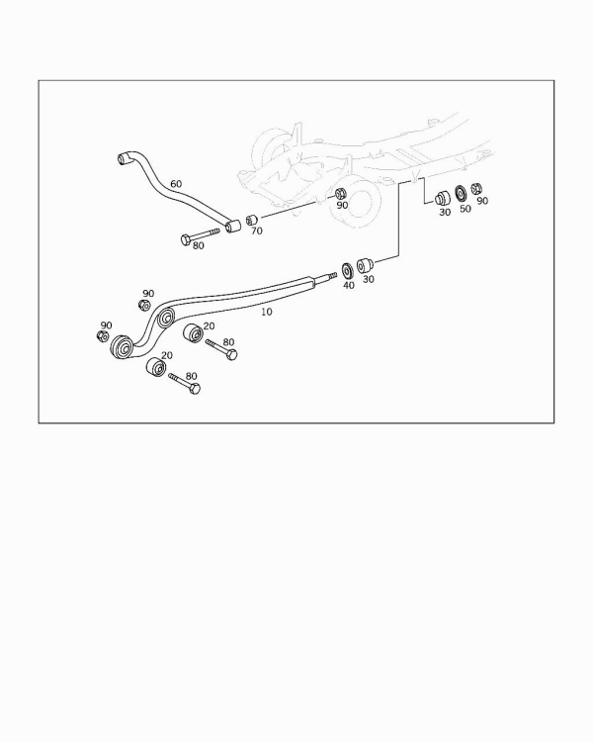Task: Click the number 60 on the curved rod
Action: click(176, 184)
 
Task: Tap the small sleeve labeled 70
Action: click(251, 220)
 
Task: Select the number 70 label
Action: click(257, 231)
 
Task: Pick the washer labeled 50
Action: click(461, 193)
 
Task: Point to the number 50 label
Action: click(466, 209)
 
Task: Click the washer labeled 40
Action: click(347, 271)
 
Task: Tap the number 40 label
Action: click(349, 285)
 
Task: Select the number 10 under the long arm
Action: click(267, 312)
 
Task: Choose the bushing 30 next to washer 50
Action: click(443, 198)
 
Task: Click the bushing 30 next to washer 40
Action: click(365, 265)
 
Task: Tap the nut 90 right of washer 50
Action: click(476, 188)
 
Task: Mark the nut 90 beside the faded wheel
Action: click(341, 194)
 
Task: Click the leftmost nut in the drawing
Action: click(102, 336)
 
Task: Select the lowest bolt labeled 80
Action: click(185, 383)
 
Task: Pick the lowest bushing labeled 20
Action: click(155, 367)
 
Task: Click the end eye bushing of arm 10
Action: click(122, 348)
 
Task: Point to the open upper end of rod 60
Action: click(123, 158)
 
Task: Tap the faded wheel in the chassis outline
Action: click(356, 204)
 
